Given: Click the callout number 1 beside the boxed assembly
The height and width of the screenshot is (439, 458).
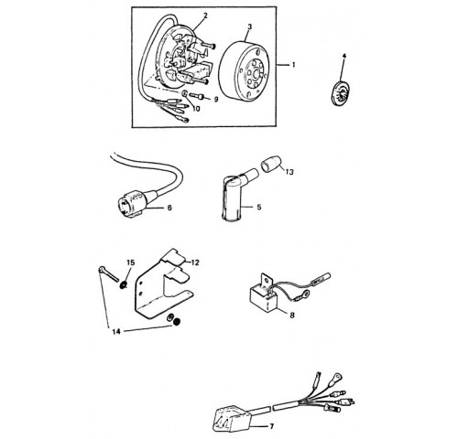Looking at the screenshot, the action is [x=294, y=65].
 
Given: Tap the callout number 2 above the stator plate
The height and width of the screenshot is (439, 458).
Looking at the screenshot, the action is [x=205, y=16].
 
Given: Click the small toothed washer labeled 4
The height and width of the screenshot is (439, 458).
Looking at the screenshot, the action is [x=341, y=93].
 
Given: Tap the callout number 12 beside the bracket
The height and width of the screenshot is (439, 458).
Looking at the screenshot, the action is [x=195, y=262].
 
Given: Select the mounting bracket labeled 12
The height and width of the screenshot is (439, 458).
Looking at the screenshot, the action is [x=164, y=286].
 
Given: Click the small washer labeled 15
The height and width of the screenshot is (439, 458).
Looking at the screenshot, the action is [x=124, y=285].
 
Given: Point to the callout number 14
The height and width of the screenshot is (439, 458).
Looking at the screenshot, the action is [x=116, y=331].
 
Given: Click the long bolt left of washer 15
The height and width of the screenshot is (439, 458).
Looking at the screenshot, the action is [x=108, y=274].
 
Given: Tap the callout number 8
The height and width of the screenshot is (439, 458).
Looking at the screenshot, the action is [x=292, y=316].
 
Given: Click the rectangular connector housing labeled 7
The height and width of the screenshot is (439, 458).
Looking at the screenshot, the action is [x=232, y=419].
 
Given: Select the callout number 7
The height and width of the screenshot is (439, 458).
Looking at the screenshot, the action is [x=271, y=426].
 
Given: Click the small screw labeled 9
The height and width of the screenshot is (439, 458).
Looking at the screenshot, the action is [x=196, y=96].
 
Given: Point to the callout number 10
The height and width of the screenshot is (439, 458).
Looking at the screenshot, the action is [x=196, y=109].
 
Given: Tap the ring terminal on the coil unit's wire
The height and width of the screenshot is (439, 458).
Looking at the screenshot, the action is [x=304, y=294].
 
